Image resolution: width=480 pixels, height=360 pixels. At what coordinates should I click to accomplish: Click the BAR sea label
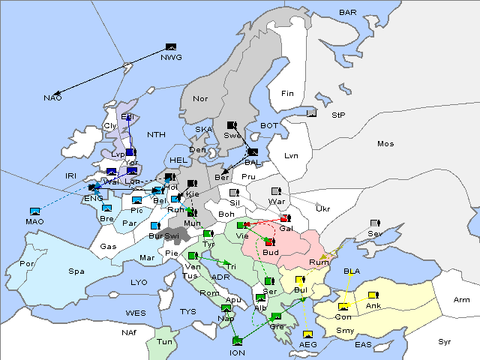[x=347, y=12]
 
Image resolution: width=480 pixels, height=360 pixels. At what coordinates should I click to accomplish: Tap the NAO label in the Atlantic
[x=52, y=98]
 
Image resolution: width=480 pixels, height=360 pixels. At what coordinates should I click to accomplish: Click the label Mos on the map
[x=385, y=143]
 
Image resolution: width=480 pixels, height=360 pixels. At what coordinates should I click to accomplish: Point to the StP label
[x=337, y=116]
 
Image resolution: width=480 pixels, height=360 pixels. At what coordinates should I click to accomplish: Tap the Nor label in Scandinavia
[x=200, y=98]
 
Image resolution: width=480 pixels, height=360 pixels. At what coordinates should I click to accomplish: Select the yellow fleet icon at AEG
[x=307, y=334]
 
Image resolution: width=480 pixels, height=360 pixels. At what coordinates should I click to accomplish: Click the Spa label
[x=76, y=271]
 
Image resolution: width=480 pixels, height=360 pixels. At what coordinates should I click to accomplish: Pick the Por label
[x=27, y=264]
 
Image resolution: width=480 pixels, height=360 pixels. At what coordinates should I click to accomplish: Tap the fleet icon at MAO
[x=34, y=211]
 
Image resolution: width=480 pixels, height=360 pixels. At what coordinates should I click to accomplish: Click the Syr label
[x=445, y=341]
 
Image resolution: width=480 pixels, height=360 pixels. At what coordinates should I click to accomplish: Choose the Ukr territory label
[x=323, y=208]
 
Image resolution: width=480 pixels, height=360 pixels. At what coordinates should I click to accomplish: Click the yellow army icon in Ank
[x=373, y=294]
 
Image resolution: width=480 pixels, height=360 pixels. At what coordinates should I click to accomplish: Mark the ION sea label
[x=237, y=352]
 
